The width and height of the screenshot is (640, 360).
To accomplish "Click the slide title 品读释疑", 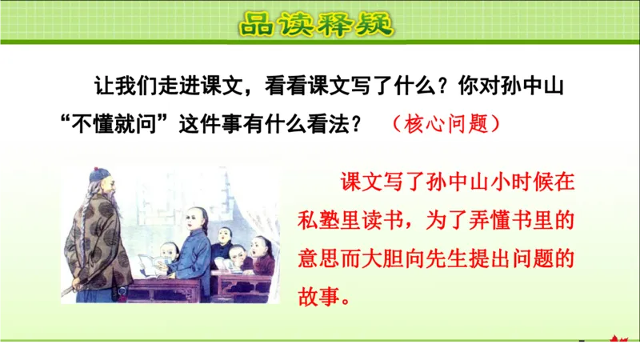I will pos(318,23).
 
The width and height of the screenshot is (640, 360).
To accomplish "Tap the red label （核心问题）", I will pos(447,124).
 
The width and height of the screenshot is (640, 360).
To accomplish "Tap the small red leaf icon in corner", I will pos(617,342).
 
